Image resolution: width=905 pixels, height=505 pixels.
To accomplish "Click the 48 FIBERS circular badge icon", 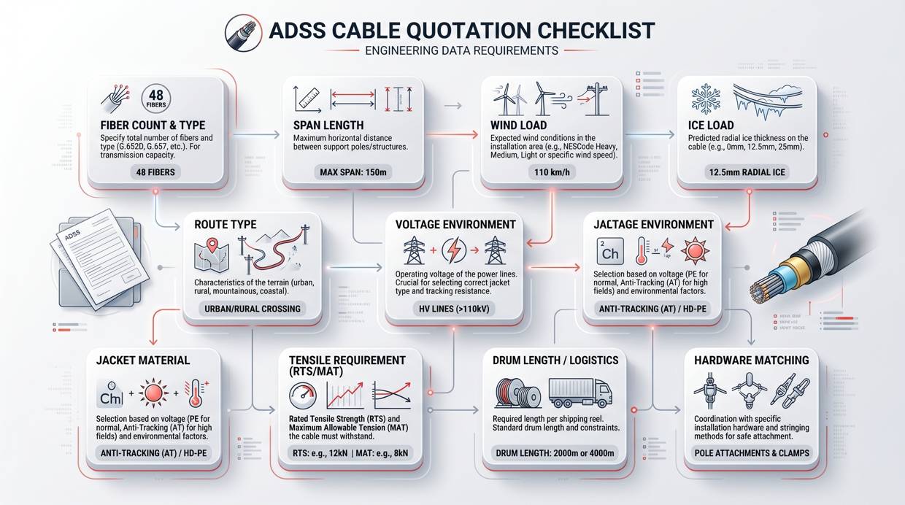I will coord(155,99).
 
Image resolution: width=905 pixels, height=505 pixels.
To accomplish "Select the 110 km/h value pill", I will coord(551,172).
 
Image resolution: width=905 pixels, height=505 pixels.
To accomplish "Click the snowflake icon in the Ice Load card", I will coord(705,99).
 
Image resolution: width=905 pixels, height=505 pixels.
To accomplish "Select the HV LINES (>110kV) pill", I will coord(452,309).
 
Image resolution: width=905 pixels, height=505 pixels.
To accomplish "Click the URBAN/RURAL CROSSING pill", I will coord(252,309).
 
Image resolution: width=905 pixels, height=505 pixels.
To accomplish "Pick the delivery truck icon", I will coord(579,393).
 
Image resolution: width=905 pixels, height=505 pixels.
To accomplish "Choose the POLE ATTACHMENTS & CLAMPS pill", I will coord(751,453).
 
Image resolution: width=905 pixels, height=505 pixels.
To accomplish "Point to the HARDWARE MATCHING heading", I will coord(751,360).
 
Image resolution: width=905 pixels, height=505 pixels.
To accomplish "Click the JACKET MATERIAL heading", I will coord(143,360).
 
